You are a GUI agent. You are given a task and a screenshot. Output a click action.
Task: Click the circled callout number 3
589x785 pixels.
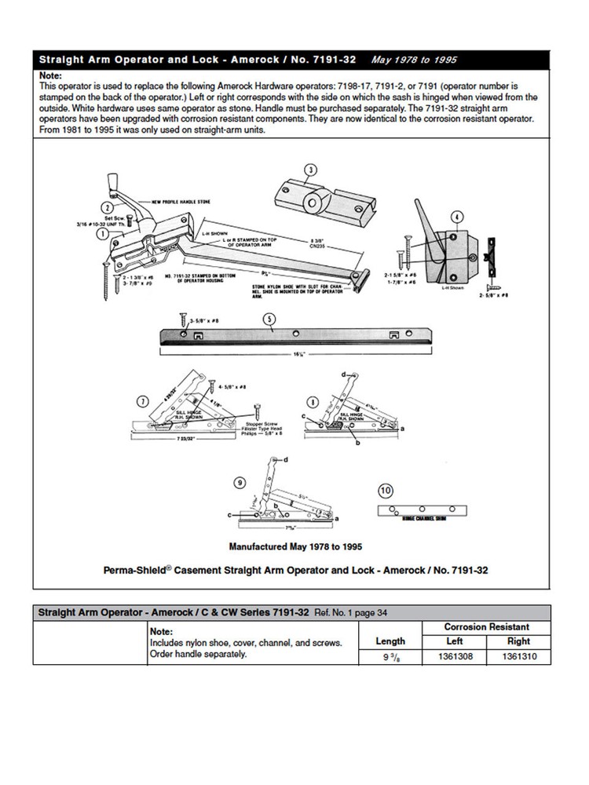(310, 170)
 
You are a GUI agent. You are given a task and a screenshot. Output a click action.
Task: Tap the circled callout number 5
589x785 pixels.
(269, 319)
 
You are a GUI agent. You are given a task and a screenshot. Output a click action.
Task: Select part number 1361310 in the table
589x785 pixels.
(518, 659)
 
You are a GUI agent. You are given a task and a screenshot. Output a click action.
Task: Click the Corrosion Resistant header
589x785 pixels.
(486, 626)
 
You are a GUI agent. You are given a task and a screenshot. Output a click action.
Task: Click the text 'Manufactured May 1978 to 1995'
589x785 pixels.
(294, 543)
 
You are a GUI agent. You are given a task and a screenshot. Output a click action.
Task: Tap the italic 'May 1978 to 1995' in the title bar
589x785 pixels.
(407, 60)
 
